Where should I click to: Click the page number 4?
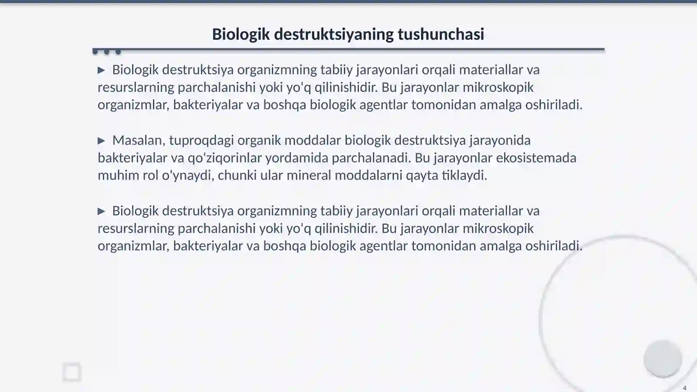[x=684, y=388]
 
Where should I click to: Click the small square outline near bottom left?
[x=72, y=372]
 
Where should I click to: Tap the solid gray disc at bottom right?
[x=663, y=358]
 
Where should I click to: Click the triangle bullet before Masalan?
[x=102, y=141]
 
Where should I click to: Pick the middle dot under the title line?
[x=107, y=52]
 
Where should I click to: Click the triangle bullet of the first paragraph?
[x=102, y=70]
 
